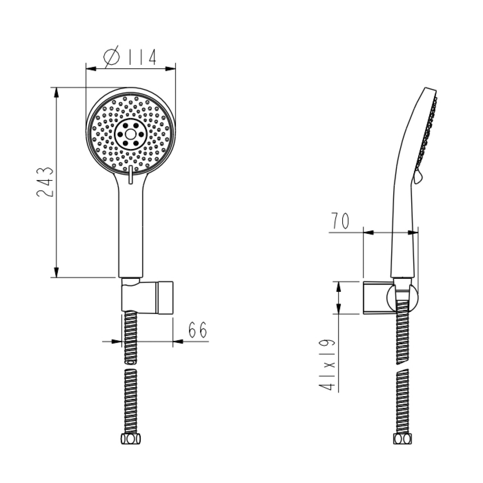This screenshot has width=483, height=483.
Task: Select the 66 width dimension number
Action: pyautogui.click(x=197, y=329)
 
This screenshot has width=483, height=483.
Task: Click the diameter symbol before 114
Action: pyautogui.click(x=111, y=57)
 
